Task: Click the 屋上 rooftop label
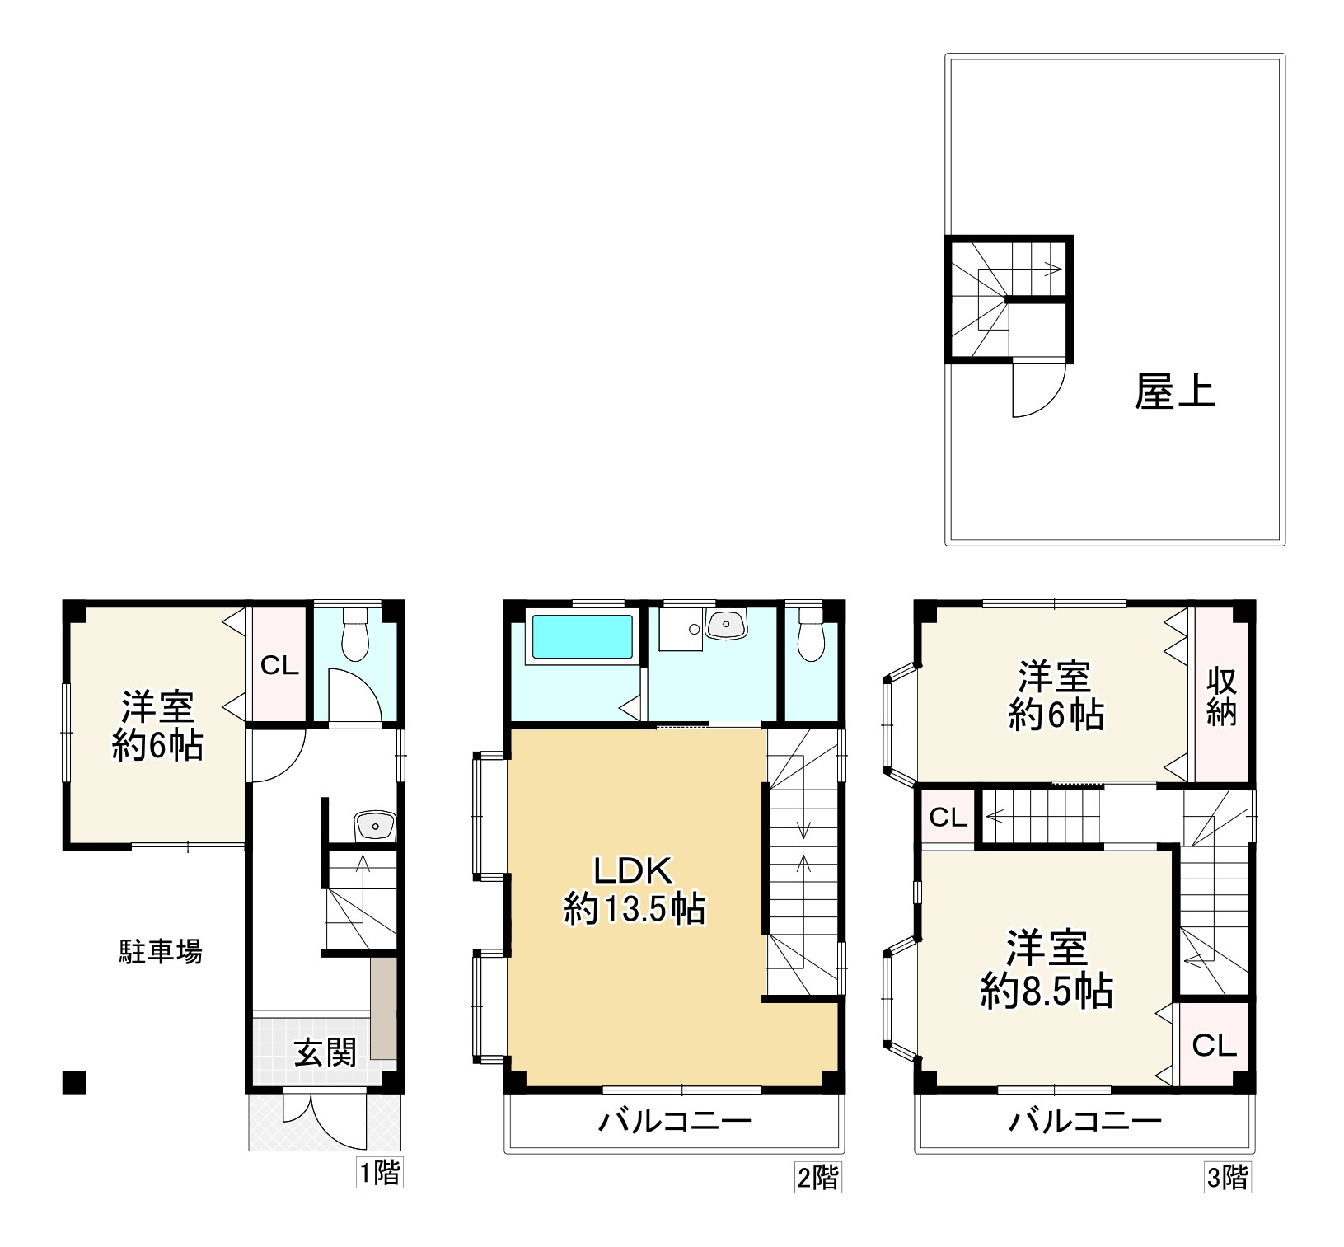tap(1174, 391)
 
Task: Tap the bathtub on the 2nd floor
tap(583, 636)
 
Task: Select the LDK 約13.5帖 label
tap(634, 890)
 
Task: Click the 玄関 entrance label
tap(325, 1052)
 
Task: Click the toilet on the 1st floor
tap(354, 634)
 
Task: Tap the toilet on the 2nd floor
tap(811, 634)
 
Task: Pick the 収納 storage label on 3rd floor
tap(1222, 696)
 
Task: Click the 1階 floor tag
tap(379, 1173)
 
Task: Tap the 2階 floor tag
tap(817, 1178)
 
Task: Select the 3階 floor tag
tap(1227, 1178)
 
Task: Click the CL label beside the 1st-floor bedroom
tap(279, 666)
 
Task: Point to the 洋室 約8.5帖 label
tap(1047, 970)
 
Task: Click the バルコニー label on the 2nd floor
tap(675, 1121)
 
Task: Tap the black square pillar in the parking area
tap(74, 1082)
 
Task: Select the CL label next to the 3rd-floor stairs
tap(948, 818)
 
